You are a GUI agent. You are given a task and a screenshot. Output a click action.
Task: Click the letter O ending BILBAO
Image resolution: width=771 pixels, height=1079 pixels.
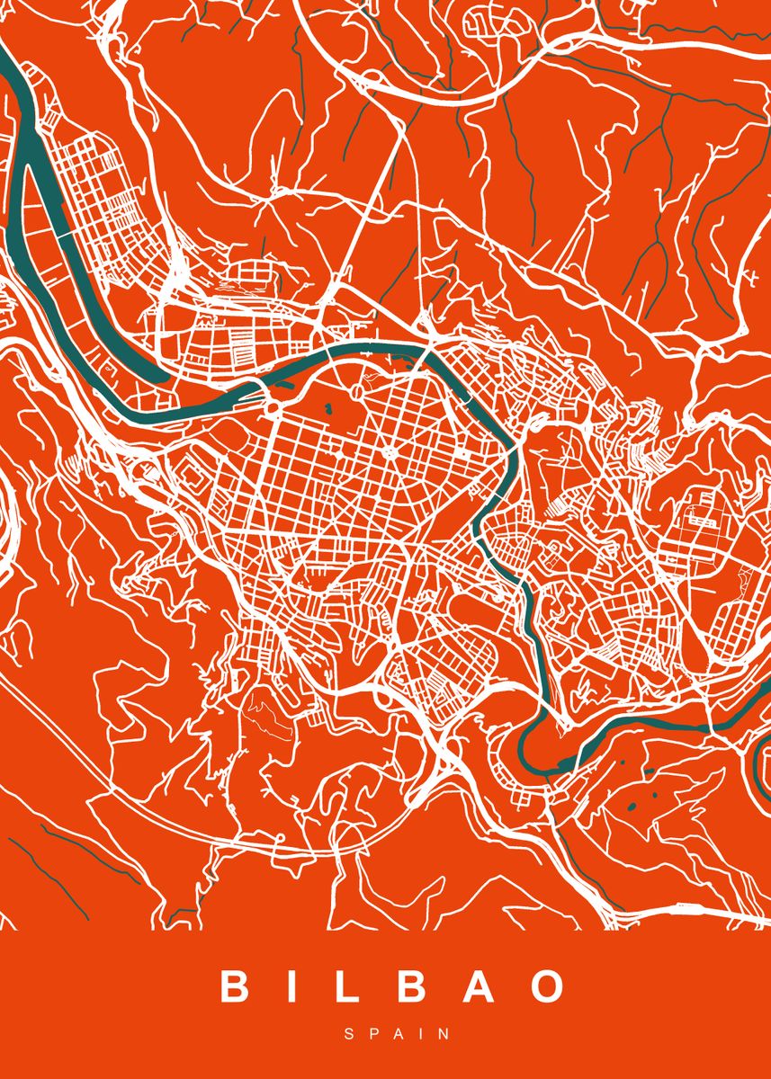pyautogui.click(x=545, y=986)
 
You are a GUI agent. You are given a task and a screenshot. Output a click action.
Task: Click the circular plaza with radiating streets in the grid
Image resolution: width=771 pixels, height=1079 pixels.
pyautogui.click(x=389, y=452)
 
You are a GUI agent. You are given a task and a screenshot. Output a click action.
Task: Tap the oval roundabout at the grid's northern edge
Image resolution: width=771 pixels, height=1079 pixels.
pyautogui.click(x=359, y=393)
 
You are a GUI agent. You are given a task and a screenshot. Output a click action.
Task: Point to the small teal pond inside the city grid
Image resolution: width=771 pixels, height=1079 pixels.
pyautogui.click(x=327, y=410)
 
